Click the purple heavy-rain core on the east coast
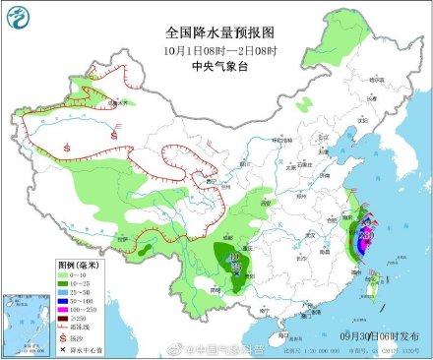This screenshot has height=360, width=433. (361, 236)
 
